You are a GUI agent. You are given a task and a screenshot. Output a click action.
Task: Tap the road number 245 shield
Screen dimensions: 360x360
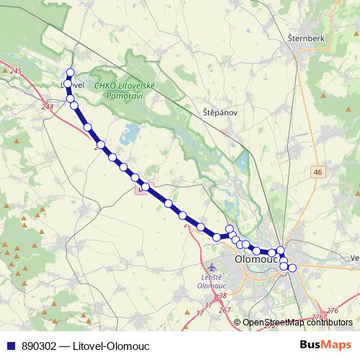click(17, 70)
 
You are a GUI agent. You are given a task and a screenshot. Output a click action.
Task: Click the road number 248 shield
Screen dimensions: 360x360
click(48, 107)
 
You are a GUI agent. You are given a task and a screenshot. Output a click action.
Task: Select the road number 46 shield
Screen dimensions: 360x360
click(318, 171)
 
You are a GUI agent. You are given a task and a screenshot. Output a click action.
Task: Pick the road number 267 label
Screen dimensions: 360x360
click(224, 310)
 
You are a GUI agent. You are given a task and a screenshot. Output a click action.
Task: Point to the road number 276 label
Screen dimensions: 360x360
click(332, 310)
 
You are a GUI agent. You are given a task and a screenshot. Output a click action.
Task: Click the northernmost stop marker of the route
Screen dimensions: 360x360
click(71, 72)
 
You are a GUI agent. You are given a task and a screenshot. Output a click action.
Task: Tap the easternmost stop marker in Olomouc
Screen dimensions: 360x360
click(292, 268)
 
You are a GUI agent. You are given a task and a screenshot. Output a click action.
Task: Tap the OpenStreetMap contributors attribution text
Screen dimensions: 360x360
click(297, 323)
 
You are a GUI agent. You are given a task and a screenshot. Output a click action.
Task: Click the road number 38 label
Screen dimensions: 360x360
click(222, 296)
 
